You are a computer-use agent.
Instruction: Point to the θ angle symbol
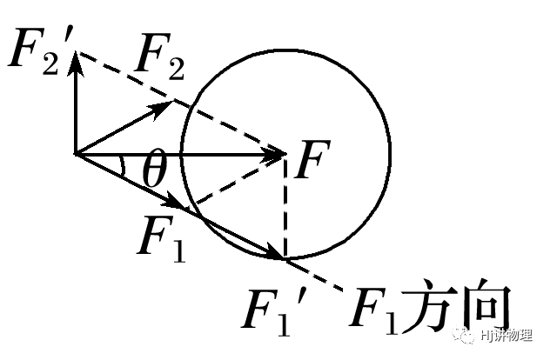(154, 173)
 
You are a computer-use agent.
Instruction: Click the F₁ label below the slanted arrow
(163, 236)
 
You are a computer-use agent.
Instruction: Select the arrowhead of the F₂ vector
(164, 106)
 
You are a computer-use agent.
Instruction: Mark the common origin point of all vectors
(77, 155)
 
